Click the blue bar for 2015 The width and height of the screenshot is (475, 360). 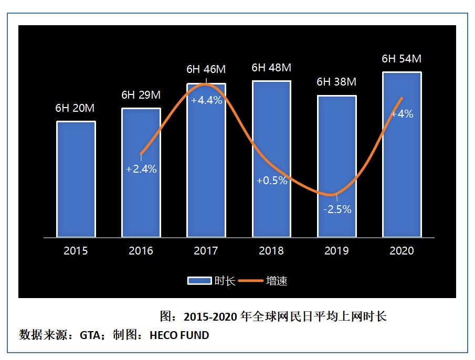click(76, 179)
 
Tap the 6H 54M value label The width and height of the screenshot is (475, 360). click(402, 59)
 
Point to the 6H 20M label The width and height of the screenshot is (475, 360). click(75, 109)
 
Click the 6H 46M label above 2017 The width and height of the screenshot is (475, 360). click(206, 69)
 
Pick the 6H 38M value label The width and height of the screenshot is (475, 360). click(336, 82)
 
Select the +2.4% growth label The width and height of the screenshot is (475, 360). click(141, 170)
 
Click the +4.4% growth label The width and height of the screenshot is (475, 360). click(206, 100)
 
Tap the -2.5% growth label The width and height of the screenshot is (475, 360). click(337, 209)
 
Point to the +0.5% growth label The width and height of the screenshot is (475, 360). click(272, 181)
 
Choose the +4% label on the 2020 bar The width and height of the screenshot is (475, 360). click(403, 113)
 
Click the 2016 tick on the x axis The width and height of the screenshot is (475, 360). click(141, 251)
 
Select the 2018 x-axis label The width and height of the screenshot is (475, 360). click(271, 251)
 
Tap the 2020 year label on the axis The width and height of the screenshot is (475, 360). click(402, 251)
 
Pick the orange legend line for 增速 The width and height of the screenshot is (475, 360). click(251, 281)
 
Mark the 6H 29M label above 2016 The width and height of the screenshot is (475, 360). click(141, 95)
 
